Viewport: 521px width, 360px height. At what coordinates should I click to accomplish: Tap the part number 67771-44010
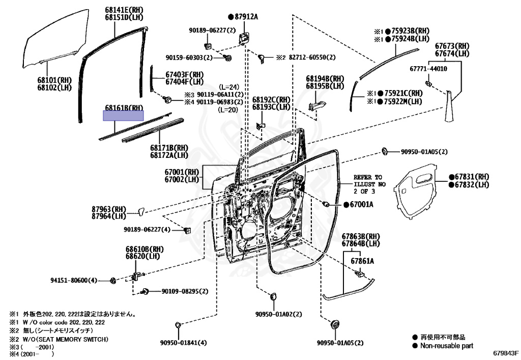(x=428, y=68)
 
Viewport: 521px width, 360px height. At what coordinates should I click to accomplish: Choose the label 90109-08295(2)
(x=185, y=291)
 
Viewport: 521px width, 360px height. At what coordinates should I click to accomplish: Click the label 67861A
(x=361, y=261)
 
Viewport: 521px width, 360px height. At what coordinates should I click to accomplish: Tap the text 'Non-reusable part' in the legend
(x=446, y=346)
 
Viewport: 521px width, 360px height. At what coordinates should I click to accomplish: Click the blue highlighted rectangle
(x=124, y=116)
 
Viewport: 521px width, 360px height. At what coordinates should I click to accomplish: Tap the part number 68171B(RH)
(x=169, y=148)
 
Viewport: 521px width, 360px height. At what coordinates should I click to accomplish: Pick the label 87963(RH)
(x=108, y=209)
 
